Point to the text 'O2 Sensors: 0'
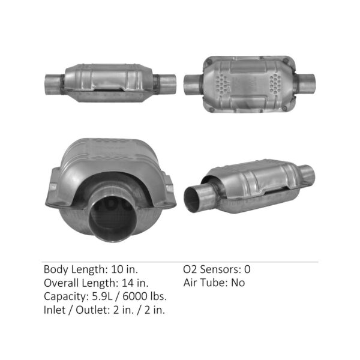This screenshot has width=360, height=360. [x=217, y=269]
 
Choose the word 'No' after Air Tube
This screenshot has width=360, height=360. [x=238, y=283]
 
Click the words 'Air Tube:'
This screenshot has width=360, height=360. [x=205, y=283]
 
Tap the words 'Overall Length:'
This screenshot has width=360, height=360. [x=80, y=283]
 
